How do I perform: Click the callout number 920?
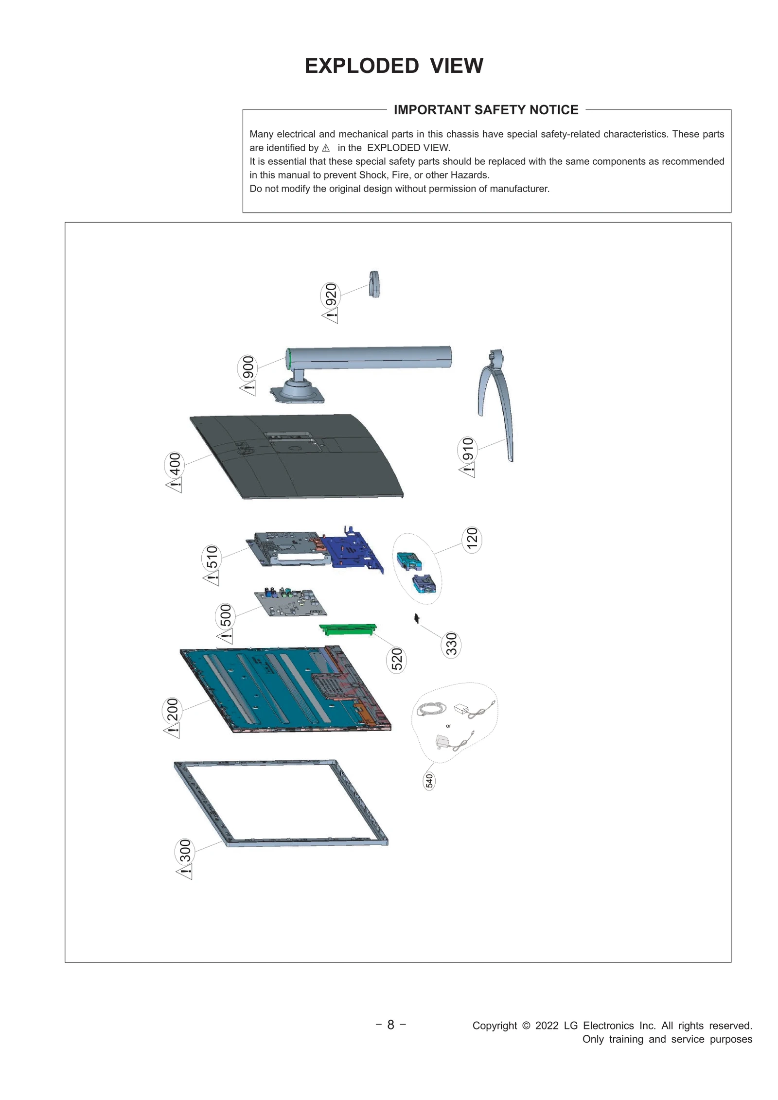click(x=331, y=294)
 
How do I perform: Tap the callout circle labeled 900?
click(x=248, y=367)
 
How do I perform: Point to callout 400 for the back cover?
click(x=174, y=464)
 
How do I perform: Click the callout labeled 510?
click(x=212, y=557)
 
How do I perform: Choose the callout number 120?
click(x=472, y=539)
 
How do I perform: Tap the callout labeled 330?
click(x=451, y=644)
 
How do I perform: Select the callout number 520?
click(x=396, y=659)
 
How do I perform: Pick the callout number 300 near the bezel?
click(x=185, y=851)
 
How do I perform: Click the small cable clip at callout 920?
click(x=374, y=284)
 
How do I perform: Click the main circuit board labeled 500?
click(x=290, y=603)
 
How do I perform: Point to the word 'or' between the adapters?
click(x=448, y=726)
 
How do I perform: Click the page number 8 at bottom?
click(x=390, y=1025)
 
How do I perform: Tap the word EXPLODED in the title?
click(x=361, y=66)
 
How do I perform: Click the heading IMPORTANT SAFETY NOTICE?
click(x=486, y=110)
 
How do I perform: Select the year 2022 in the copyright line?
click(x=547, y=1026)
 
